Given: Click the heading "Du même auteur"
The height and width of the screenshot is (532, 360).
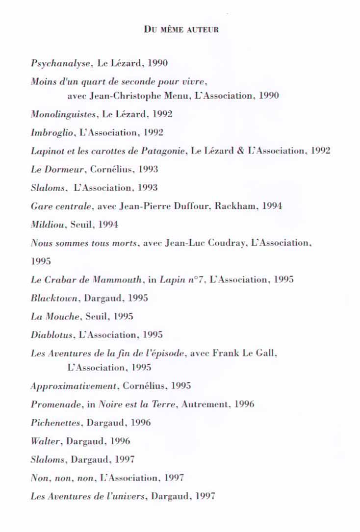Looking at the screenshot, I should click(x=181, y=29).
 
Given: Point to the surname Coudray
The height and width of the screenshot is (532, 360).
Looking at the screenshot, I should click(x=227, y=243).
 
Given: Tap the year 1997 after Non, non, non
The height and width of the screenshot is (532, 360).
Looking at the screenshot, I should click(x=174, y=478).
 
